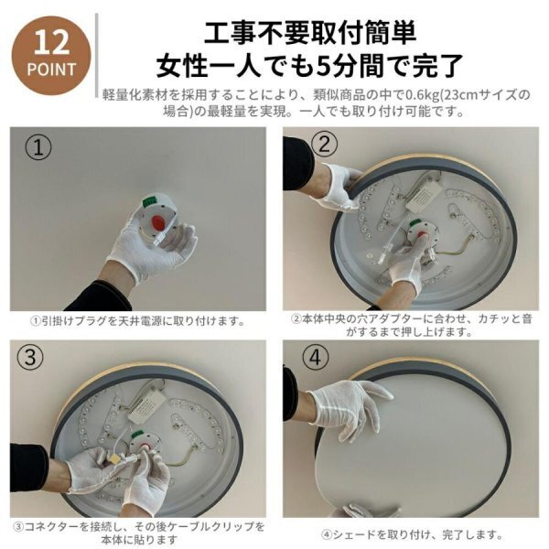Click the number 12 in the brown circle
click(x=51, y=42)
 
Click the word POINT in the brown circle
click(x=51, y=69)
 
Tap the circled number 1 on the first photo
click(x=38, y=147)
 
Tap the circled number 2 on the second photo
click(x=324, y=144)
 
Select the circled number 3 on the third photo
click(x=30, y=358)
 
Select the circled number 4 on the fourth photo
click(x=315, y=357)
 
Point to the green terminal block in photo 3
click(x=137, y=436)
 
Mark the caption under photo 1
click(x=138, y=321)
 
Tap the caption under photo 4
click(x=412, y=534)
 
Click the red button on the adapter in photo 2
click(x=421, y=233)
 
